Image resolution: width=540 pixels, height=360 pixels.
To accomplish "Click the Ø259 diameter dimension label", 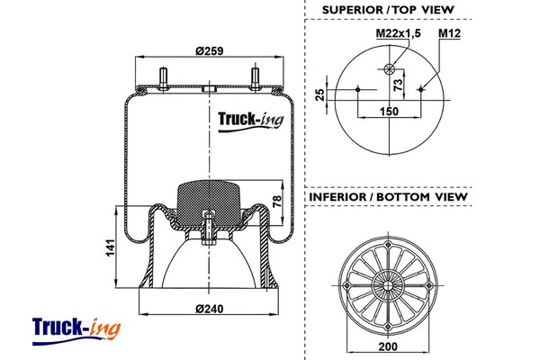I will [210, 51].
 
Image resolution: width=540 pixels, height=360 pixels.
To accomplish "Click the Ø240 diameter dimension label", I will [210, 310].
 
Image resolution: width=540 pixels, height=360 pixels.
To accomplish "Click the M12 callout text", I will [450, 34].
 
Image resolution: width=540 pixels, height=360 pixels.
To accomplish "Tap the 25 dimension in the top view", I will [319, 94].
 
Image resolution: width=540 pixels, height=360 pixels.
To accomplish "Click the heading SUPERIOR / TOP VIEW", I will [389, 10].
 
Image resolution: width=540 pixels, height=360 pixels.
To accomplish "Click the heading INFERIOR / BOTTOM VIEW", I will [388, 196].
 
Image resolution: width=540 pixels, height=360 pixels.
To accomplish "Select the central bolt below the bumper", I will [209, 230].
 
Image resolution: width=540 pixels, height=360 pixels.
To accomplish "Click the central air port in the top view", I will [389, 71].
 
